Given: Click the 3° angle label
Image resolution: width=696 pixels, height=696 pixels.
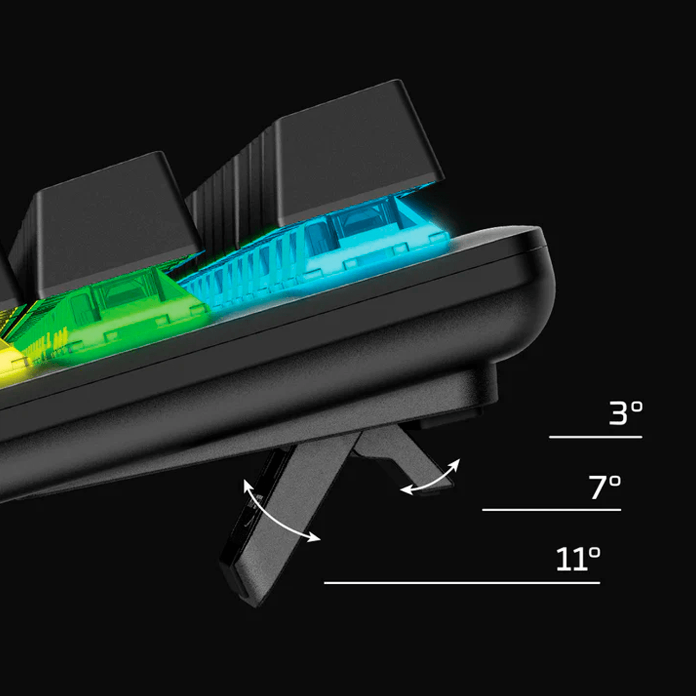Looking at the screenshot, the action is [625, 413].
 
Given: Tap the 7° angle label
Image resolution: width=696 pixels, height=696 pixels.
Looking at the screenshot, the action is [605, 487].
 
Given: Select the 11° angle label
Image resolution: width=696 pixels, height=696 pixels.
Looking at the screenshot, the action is [578, 559].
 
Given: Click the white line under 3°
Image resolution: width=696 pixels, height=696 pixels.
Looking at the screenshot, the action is [596, 437].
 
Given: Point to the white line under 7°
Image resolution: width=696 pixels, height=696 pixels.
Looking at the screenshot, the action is [552, 510].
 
